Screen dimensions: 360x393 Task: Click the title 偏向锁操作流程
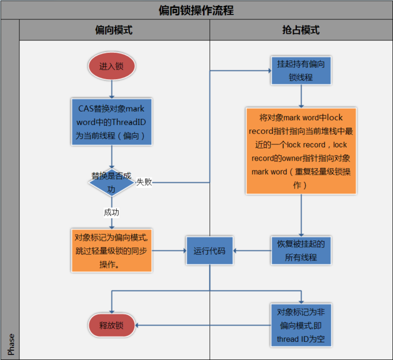coord(196,10)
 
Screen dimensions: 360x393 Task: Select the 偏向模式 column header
coord(114,30)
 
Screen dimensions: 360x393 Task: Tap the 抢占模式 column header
coord(300,30)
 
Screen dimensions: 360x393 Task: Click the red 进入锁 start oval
coord(111,66)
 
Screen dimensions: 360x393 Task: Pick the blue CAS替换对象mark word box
coord(111,121)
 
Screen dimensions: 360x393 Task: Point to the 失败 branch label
coord(144,182)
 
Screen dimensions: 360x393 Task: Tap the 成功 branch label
coord(111,212)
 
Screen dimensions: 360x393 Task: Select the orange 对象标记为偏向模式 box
coord(112,250)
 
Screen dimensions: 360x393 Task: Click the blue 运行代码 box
coord(209,250)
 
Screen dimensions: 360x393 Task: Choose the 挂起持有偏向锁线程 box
coord(300,71)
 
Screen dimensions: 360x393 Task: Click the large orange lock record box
coord(301,150)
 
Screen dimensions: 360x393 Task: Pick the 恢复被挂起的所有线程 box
coord(300,250)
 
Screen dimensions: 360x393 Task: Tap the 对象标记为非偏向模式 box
coord(300,325)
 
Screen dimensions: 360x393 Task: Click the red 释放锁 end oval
coord(111,325)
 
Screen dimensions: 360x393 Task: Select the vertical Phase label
coord(10,344)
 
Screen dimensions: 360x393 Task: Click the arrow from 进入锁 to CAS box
coord(111,88)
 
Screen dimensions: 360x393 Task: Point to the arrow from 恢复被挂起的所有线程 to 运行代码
coord(252,250)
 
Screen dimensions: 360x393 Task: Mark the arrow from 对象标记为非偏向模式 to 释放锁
coord(203,325)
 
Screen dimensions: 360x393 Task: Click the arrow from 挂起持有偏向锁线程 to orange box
coord(300,97)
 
